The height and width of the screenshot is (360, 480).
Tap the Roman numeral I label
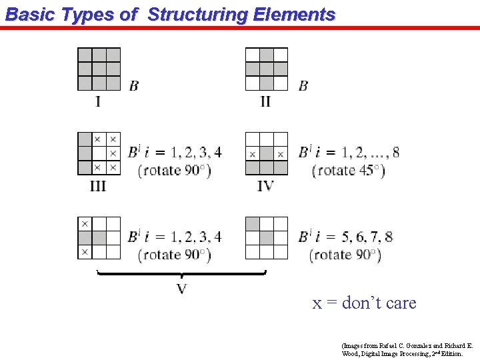pos(98,102)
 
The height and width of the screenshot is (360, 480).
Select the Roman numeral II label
pos(265,102)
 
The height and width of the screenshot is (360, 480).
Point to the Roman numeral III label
pos(98,186)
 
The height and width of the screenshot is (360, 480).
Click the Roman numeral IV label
pos(265,186)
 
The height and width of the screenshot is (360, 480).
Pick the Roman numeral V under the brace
pos(181,288)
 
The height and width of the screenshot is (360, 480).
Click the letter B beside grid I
pos(134,85)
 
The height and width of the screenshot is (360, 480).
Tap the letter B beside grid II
pos(303,85)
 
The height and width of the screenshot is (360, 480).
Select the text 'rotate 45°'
pos(349,170)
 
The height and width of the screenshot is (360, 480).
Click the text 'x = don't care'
pos(364,303)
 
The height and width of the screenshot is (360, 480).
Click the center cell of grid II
pos(267,69)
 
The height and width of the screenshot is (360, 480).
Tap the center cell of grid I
pos(99,69)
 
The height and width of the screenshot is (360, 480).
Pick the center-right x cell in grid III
pos(113,153)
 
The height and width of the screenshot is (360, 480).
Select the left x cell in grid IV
pos(253,154)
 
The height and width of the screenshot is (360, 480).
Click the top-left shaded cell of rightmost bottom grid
pos(253,223)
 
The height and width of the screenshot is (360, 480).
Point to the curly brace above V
pos(181,273)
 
